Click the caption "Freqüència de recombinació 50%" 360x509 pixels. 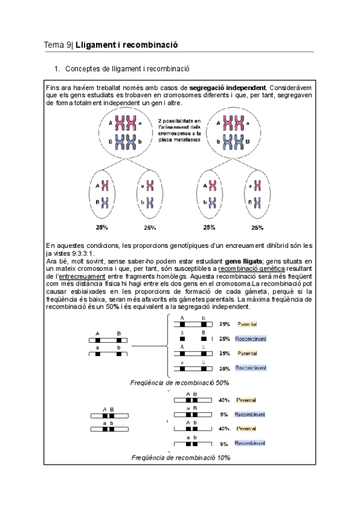click(x=179, y=382)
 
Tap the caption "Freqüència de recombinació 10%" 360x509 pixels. click(x=181, y=457)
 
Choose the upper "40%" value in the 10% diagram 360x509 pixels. click(x=224, y=400)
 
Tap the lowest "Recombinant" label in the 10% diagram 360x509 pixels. click(x=250, y=443)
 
